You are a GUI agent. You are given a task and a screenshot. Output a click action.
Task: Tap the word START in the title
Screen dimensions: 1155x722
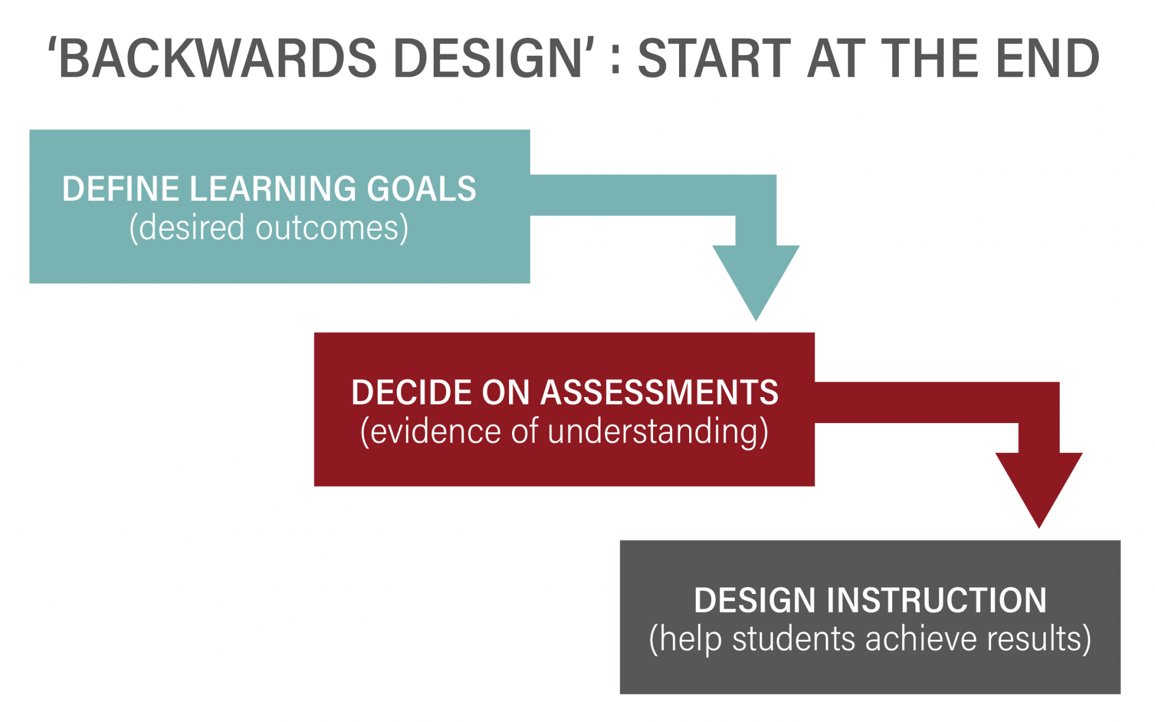(x=715, y=58)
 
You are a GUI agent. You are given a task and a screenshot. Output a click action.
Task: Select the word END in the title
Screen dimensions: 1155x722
(x=1048, y=58)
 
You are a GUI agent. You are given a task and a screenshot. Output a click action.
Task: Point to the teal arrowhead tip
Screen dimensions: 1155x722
(x=756, y=320)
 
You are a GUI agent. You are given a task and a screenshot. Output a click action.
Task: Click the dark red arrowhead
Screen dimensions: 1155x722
(x=1039, y=490)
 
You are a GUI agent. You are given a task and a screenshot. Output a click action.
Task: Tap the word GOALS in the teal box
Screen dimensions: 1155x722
(x=422, y=188)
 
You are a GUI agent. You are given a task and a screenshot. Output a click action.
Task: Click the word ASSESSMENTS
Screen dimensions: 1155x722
(x=659, y=392)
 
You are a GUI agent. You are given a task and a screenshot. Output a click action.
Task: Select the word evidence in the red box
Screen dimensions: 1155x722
(x=435, y=432)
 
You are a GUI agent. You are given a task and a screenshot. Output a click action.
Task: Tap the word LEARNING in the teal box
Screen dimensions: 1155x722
(x=273, y=188)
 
